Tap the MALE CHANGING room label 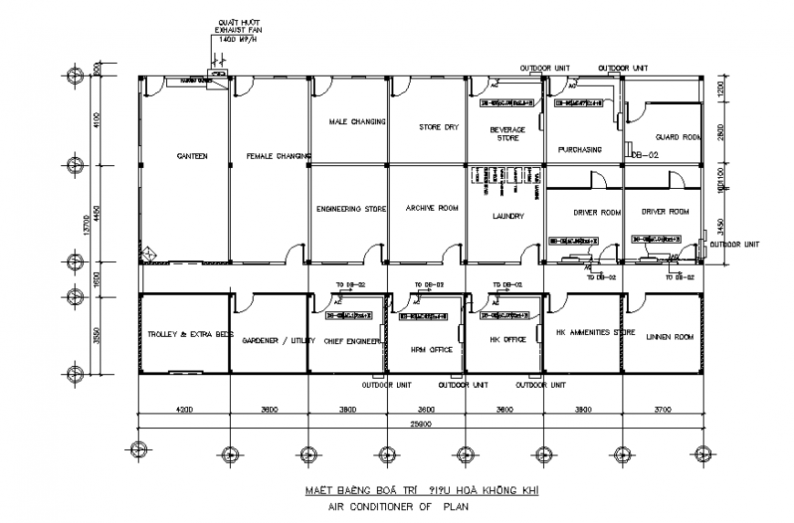click(350, 120)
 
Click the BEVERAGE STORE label click(507, 134)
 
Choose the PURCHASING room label click(580, 150)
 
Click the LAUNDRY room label click(507, 216)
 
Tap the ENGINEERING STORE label click(351, 209)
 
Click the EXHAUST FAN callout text click(237, 29)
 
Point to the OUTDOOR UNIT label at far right click(737, 244)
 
